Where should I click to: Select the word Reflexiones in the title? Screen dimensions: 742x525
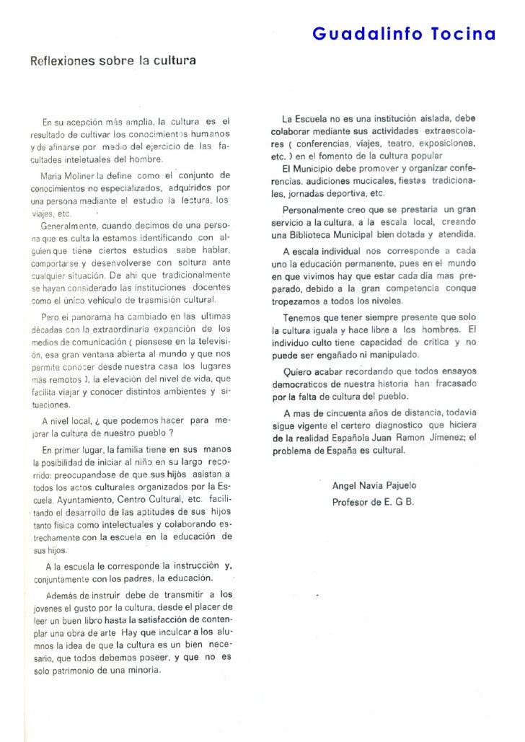pyautogui.click(x=62, y=61)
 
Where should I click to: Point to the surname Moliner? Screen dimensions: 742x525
pyautogui.click(x=87, y=175)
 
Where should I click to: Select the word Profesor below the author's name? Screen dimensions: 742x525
pyautogui.click(x=353, y=502)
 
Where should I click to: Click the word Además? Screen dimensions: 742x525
pyautogui.click(x=61, y=596)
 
